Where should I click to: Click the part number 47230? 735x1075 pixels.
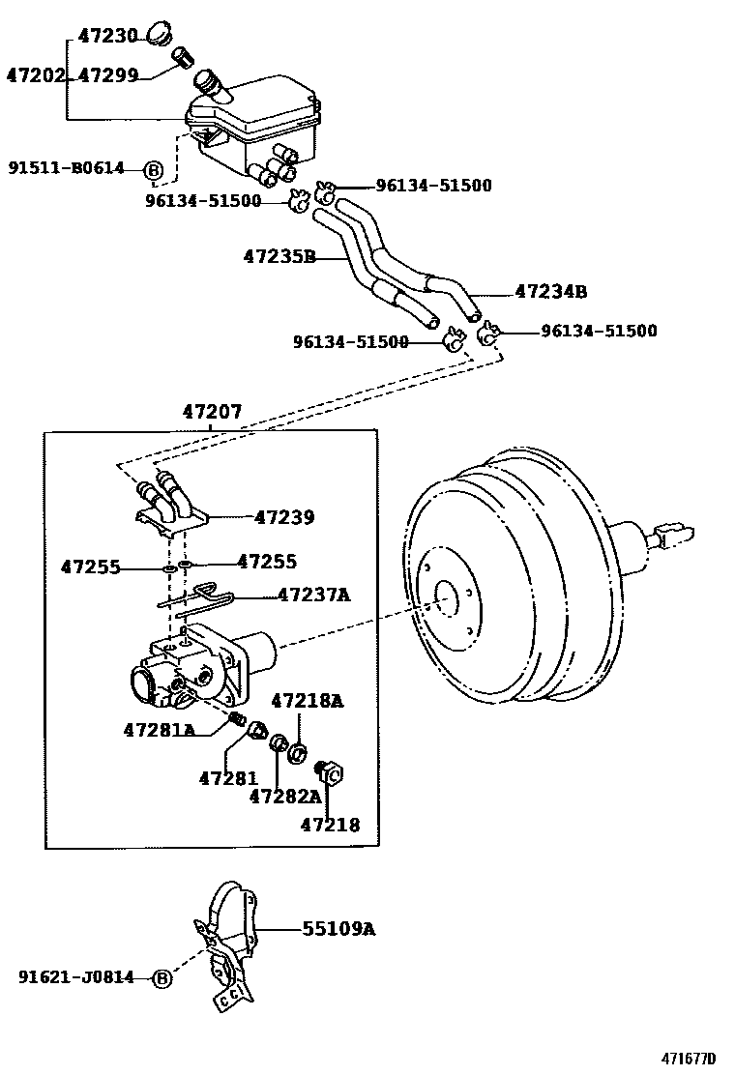(107, 37)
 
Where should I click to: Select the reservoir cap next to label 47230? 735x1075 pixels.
(162, 37)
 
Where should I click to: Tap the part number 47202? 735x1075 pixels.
(35, 74)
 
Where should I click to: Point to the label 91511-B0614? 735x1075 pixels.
(67, 168)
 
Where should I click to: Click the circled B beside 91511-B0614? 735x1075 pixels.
(153, 170)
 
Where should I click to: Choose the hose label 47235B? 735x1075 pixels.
(279, 256)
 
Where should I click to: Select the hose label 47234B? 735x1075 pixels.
(551, 290)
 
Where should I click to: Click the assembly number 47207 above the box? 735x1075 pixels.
(212, 413)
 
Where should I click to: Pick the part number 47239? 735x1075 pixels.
(284, 517)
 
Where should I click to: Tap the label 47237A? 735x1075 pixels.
(313, 595)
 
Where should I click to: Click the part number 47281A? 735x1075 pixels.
(159, 729)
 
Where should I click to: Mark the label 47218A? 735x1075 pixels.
(307, 701)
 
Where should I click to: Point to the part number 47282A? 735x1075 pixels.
(284, 796)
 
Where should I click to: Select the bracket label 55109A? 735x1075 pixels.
(338, 929)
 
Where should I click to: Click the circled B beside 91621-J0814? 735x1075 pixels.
(162, 978)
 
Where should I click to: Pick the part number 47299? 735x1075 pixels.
(107, 74)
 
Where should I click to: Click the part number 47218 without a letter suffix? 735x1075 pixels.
(330, 825)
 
